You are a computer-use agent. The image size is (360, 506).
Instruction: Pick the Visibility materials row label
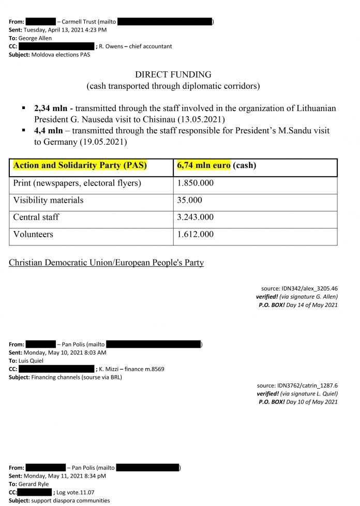pyautogui.click(x=48, y=200)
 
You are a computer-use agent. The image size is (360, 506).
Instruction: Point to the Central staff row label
pyautogui.click(x=36, y=217)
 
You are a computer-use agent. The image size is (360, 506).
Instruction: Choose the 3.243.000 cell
pyautogui.click(x=195, y=217)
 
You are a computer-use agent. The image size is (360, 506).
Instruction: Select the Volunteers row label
pyautogui.click(x=33, y=234)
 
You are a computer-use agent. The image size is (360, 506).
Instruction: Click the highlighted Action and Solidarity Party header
pyautogui.click(x=80, y=166)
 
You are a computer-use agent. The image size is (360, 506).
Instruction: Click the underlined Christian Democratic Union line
pyautogui.click(x=106, y=263)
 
